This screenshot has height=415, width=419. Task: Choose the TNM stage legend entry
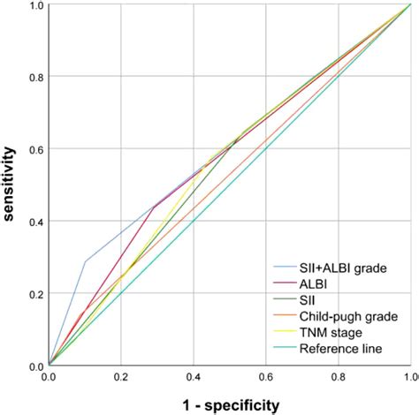click(325, 331)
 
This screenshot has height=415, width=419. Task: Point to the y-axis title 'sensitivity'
click(11, 185)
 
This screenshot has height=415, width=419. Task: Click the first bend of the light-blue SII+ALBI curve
click(86, 260)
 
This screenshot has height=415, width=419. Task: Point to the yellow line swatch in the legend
click(283, 331)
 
